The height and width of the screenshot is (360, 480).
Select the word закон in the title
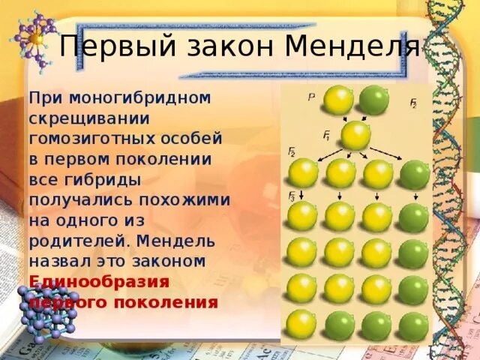coord(223,46)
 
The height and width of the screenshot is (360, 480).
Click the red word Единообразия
coord(100,282)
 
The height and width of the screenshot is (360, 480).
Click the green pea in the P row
coord(373,100)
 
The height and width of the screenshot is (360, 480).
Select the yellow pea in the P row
coord(337,100)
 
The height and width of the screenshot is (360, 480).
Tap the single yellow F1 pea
coord(355,136)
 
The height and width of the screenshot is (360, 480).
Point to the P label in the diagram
coord(311,97)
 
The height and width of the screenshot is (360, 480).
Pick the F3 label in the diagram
coord(292,197)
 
